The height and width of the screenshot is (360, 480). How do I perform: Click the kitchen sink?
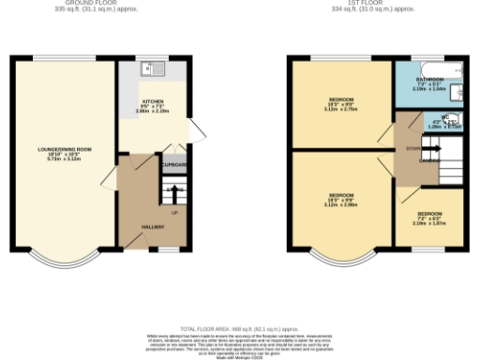pos(151,69)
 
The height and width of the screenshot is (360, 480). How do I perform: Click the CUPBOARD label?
pos(174,166)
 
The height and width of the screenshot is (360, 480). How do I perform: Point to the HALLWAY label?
pos(154,227)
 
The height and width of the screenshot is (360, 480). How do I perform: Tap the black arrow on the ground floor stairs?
pos(172,191)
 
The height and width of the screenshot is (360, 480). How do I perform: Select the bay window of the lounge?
pos(63,257)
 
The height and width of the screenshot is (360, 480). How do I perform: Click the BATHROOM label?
pos(431,81)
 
